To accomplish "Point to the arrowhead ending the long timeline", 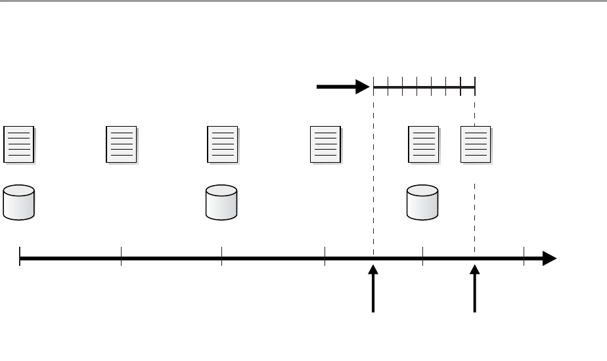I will (549, 259).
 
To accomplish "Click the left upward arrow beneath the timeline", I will (374, 289).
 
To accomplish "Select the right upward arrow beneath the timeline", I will (474, 289).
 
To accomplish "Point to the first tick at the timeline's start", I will (20, 257).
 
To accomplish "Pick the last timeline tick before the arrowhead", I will (524, 257).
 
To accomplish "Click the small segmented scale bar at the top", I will (424, 85).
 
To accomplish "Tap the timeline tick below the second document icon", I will (122, 257).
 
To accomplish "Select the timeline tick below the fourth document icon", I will (325, 257).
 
